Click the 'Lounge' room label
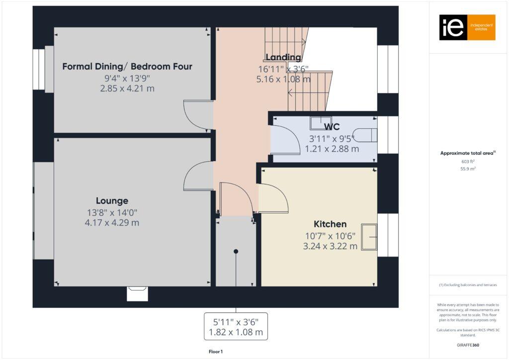(112, 201)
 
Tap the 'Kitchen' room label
(330, 224)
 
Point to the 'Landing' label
(283, 57)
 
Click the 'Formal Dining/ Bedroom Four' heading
(127, 67)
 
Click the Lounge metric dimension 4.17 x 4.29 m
(112, 223)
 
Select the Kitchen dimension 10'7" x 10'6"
(330, 236)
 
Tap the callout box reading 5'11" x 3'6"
(236, 326)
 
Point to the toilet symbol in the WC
(368, 135)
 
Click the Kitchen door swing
(273, 198)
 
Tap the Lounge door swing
(198, 176)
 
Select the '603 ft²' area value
(468, 162)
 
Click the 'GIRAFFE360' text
(468, 345)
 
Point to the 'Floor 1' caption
(215, 352)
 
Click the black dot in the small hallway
(236, 252)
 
